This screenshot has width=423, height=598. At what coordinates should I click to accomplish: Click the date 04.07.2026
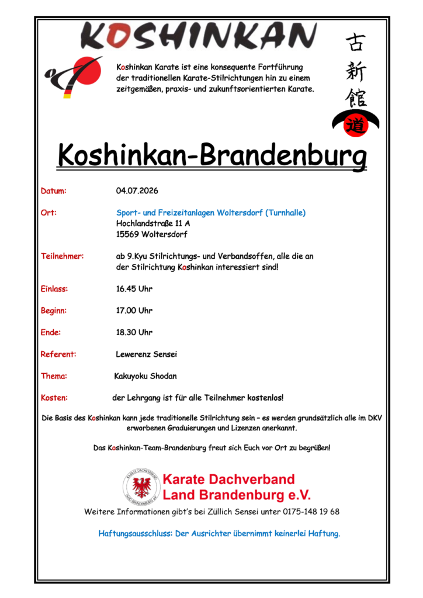[137, 191]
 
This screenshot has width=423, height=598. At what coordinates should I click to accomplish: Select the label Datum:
[54, 191]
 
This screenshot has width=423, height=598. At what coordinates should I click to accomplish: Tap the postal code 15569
[128, 234]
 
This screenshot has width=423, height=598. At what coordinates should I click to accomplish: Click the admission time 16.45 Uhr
[134, 289]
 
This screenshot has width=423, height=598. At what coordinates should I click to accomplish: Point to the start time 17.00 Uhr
[134, 311]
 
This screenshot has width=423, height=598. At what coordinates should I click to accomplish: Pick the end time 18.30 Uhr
[134, 332]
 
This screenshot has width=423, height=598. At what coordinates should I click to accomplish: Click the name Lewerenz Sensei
[146, 354]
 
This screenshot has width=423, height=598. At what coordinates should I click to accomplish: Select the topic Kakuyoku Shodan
[145, 376]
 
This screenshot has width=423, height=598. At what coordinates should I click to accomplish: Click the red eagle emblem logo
[141, 487]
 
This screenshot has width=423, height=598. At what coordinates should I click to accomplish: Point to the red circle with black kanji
[355, 124]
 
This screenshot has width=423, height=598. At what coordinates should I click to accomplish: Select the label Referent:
[58, 354]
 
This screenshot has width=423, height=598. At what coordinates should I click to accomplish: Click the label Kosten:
[54, 398]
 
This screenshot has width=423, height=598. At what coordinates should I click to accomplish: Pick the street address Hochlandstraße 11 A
[153, 223]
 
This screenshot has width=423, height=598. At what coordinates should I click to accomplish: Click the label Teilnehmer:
[63, 256]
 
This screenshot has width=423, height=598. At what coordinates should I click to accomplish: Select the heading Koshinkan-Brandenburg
[212, 155]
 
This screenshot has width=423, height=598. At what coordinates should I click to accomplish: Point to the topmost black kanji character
[355, 42]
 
